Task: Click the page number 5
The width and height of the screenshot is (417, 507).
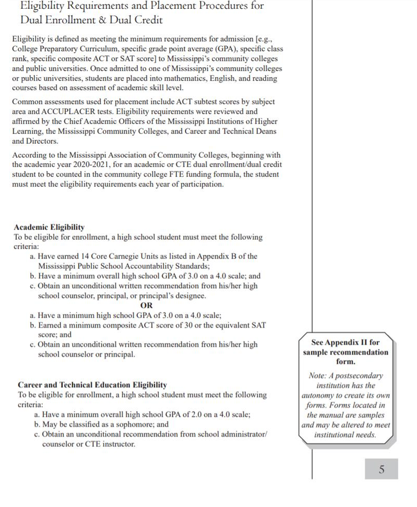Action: point(381,469)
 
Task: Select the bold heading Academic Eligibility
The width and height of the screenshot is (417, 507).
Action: point(49,227)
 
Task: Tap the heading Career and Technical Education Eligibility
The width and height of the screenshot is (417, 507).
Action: point(92,385)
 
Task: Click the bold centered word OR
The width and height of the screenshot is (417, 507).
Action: point(146,305)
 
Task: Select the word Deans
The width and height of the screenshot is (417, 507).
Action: point(266,131)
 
